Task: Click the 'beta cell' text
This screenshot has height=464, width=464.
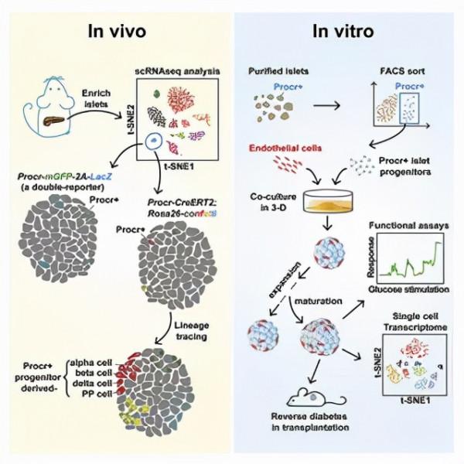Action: [93, 372]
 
